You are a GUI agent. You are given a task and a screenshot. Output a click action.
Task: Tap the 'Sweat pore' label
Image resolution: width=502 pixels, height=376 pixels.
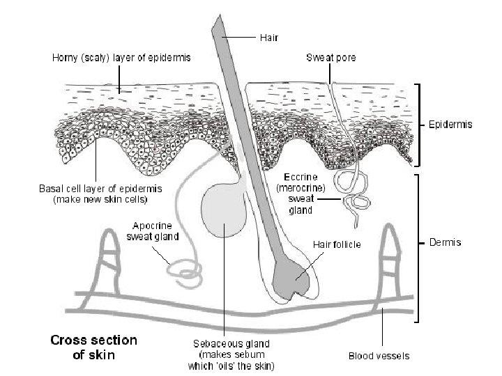click(x=331, y=58)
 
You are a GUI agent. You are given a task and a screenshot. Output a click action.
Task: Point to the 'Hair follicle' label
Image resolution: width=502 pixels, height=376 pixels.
click(x=336, y=244)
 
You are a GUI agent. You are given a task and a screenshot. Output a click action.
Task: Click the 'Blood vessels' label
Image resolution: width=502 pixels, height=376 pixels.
click(x=379, y=357)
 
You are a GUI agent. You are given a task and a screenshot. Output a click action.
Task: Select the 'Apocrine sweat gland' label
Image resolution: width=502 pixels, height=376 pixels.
click(x=153, y=231)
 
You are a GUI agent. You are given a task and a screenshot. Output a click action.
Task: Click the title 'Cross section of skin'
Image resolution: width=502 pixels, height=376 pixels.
click(x=93, y=347)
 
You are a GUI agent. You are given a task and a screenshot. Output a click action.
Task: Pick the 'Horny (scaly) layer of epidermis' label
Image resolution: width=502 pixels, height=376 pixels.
click(x=121, y=58)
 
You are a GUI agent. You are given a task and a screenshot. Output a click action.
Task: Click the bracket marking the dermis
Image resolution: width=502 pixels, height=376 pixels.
click(x=416, y=247)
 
